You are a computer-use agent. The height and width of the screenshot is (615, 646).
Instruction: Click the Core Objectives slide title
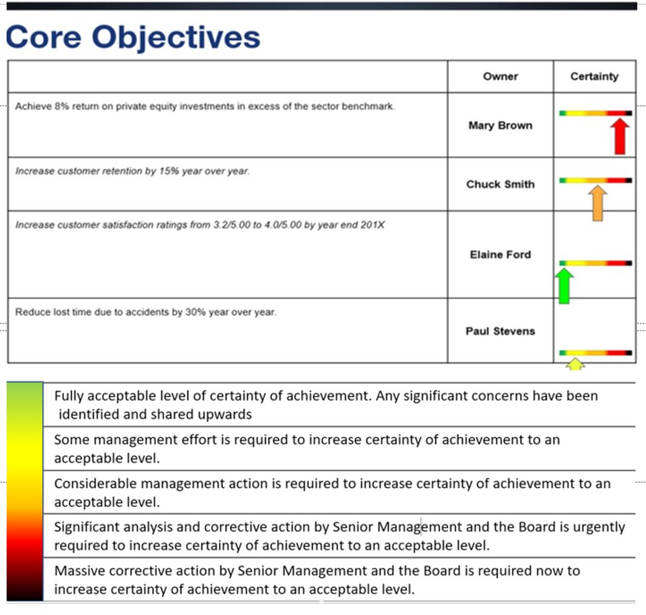click(133, 37)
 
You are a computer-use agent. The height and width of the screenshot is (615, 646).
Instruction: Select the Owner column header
click(500, 76)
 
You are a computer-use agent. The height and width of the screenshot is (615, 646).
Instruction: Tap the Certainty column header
click(594, 76)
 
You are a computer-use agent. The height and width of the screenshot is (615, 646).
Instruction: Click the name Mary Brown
click(500, 125)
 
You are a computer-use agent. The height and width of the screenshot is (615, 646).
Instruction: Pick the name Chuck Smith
click(500, 184)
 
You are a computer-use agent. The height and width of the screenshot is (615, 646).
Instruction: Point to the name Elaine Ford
click(500, 255)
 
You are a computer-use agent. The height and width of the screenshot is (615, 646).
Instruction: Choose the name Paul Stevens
click(500, 331)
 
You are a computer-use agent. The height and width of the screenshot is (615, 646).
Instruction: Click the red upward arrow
click(619, 137)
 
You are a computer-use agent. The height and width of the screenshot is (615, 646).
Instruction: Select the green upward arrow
click(564, 285)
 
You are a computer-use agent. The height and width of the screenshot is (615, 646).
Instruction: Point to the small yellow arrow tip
click(576, 364)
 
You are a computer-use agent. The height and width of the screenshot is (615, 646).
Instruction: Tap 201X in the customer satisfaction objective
click(373, 225)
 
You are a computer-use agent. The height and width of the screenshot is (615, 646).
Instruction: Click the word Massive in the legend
click(78, 571)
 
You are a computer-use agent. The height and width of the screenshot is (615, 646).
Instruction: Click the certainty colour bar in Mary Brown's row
click(595, 113)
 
